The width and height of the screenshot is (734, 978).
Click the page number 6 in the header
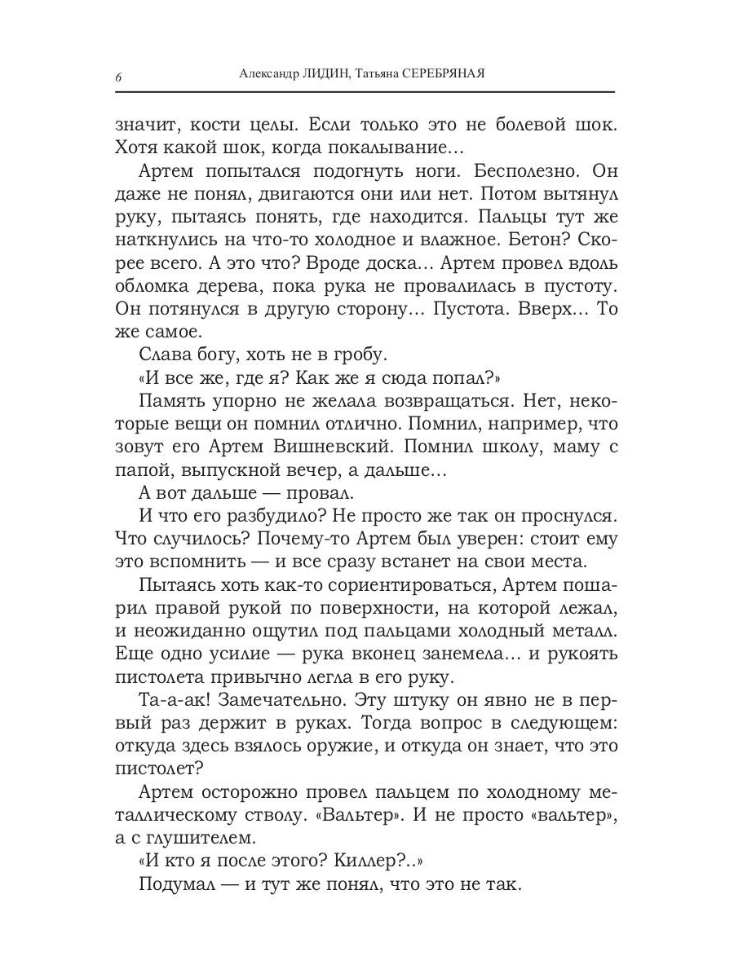[x=119, y=77]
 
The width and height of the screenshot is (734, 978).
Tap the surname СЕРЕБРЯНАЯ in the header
[x=444, y=74]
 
